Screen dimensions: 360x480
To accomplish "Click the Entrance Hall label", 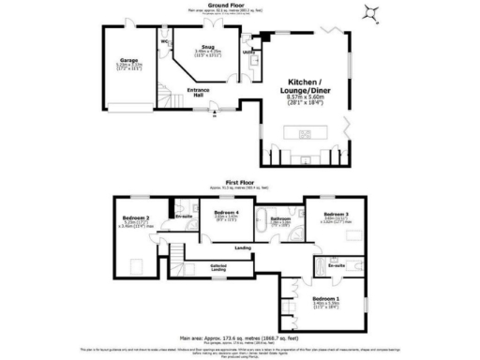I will [199, 91].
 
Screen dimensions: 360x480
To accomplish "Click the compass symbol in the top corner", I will [372, 12].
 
